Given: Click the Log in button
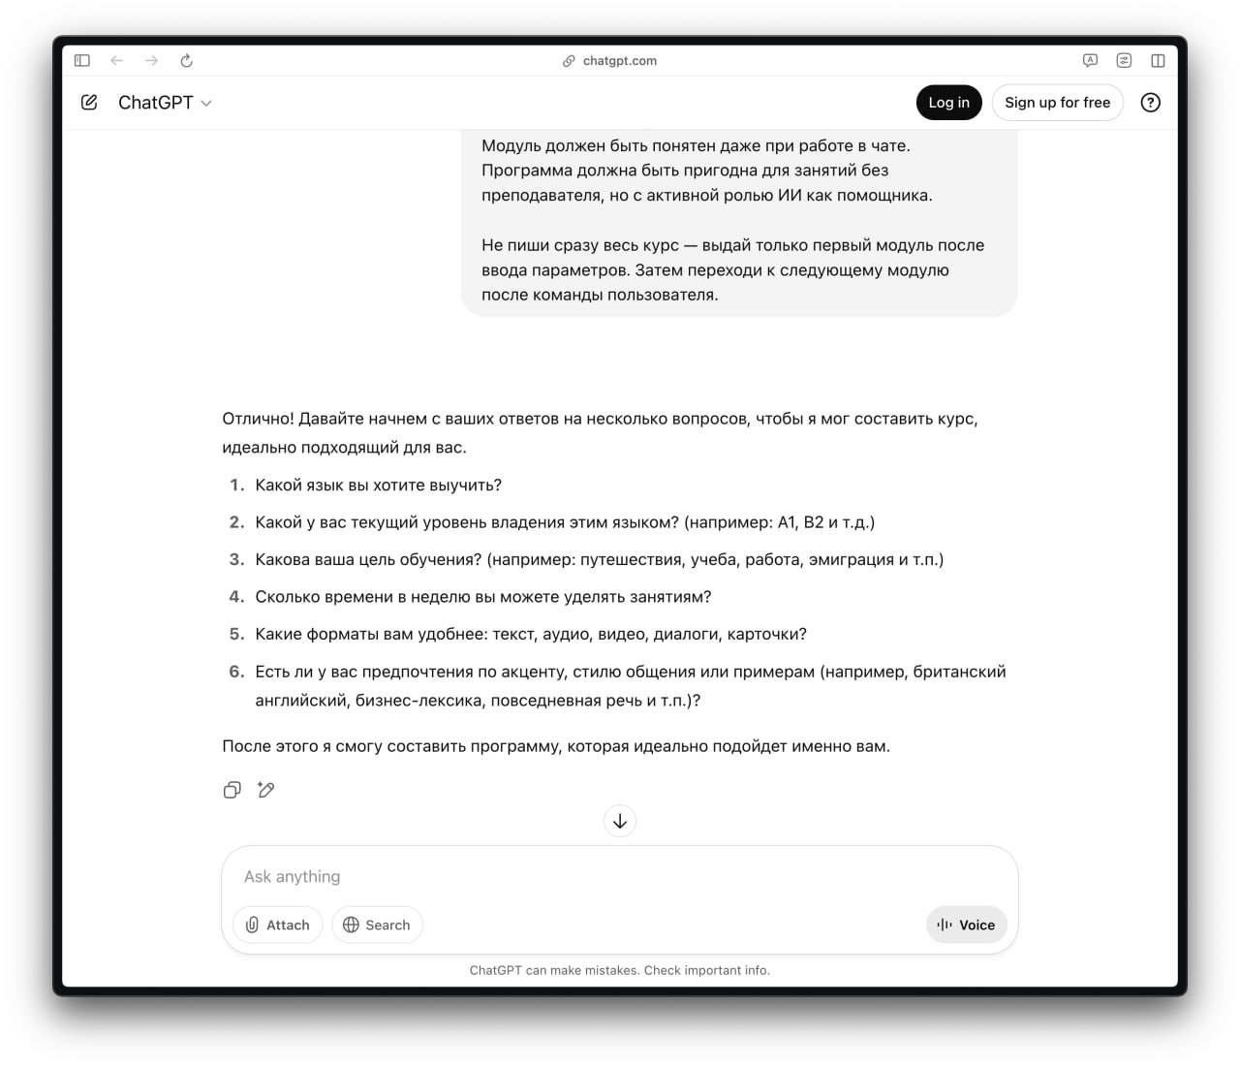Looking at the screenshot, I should (x=948, y=103).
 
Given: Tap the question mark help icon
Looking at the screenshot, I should (x=1150, y=103).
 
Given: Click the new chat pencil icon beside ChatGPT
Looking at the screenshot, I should (x=89, y=103).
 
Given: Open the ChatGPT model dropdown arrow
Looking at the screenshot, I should (x=206, y=104).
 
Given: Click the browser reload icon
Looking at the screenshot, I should (x=186, y=61).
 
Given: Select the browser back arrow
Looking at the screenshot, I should (x=117, y=61).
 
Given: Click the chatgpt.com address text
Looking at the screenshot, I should (x=619, y=61).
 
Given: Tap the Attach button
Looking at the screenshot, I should (x=278, y=925).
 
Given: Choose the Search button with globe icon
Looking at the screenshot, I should (x=377, y=925).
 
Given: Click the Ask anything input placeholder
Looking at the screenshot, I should (x=293, y=877).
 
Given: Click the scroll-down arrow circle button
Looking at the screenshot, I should (x=620, y=821).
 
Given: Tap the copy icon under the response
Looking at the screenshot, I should (x=232, y=790).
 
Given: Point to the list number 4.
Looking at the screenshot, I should (x=236, y=597).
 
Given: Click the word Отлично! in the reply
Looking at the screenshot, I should (x=258, y=419).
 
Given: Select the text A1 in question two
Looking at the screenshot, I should (x=787, y=522).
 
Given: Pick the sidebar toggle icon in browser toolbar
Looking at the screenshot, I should (x=82, y=61).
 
